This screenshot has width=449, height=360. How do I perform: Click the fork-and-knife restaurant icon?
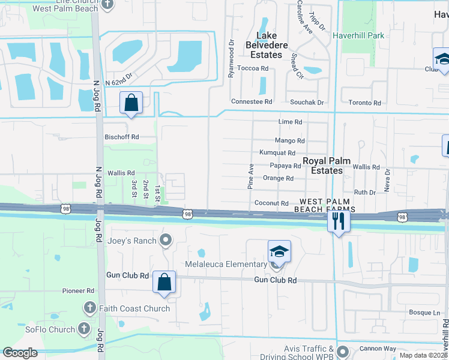[x=339, y=221]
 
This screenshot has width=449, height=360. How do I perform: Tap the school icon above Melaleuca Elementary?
[x=279, y=251]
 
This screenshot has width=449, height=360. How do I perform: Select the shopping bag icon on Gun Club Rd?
[x=164, y=282]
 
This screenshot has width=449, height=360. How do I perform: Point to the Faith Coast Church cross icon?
[x=89, y=308]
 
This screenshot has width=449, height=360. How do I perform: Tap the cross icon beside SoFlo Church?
[x=83, y=329]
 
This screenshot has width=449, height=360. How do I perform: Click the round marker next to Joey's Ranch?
[x=167, y=241]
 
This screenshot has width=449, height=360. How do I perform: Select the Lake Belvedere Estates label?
[x=266, y=45]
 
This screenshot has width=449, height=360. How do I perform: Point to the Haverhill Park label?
[x=358, y=35]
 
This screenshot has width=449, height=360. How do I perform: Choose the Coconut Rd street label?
[x=271, y=203]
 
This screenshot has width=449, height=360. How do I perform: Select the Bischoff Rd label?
[x=122, y=137]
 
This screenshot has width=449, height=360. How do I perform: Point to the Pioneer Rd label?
[x=79, y=290]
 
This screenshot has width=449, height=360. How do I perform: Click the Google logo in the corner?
[x=20, y=353]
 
